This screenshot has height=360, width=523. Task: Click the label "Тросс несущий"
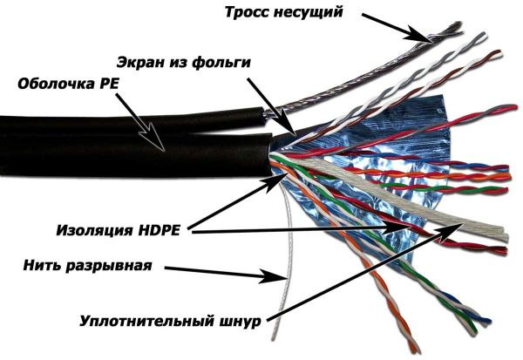point(283,13)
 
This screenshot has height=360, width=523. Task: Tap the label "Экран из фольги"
point(183,63)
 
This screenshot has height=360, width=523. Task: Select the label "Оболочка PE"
point(68,84)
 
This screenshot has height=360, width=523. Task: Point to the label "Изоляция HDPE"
point(118,230)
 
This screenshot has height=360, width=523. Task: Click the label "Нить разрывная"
point(87,266)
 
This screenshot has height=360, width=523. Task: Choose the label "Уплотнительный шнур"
point(170,321)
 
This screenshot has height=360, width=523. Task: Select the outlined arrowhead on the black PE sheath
point(154,139)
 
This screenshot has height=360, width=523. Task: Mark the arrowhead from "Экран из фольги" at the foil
point(288,128)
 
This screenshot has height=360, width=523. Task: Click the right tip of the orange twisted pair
point(509,176)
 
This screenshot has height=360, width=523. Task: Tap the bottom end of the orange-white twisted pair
point(415,350)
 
